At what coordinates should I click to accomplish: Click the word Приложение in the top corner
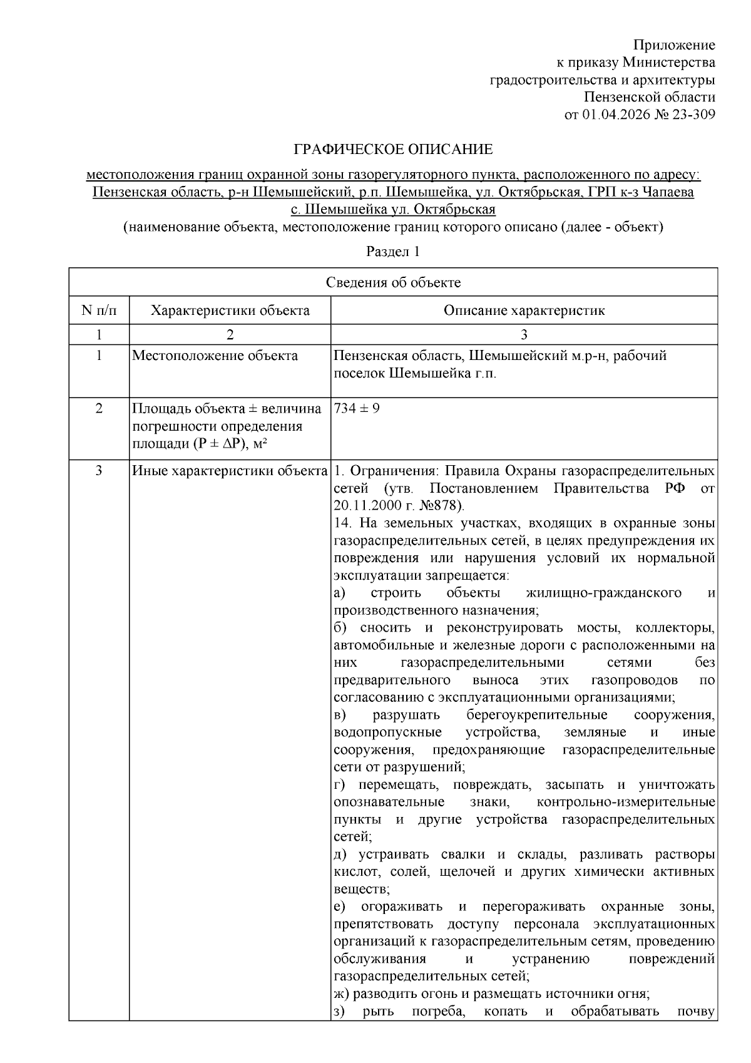tap(674, 45)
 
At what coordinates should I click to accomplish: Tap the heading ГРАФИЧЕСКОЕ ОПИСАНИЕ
tap(394, 150)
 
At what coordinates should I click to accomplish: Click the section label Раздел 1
tap(392, 252)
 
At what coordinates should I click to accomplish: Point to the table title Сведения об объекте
tap(393, 282)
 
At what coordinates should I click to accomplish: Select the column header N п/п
tap(99, 311)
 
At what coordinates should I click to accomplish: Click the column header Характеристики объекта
tap(230, 311)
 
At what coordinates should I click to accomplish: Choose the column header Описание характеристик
tap(524, 311)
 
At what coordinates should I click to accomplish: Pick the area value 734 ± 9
tap(357, 409)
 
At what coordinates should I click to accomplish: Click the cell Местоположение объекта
tap(215, 356)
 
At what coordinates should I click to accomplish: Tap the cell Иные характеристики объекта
tap(230, 471)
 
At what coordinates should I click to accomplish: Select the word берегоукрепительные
tap(536, 715)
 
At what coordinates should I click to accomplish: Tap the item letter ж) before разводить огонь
tap(340, 994)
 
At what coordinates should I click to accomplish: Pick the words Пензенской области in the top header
tap(649, 98)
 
